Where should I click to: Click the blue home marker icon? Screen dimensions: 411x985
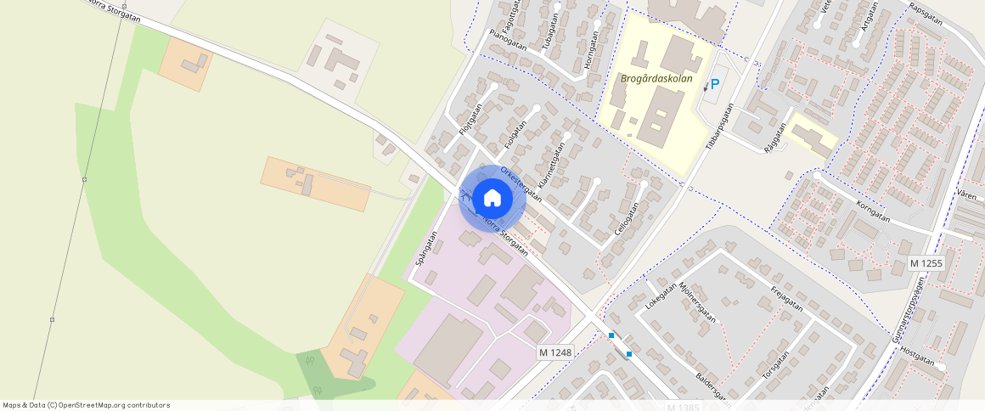tap(492, 199)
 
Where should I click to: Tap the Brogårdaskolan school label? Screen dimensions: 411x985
tap(657, 79)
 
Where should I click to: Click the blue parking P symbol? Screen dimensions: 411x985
tap(714, 84)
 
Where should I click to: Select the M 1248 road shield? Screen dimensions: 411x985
tap(555, 352)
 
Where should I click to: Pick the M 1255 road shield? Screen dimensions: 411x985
tap(926, 263)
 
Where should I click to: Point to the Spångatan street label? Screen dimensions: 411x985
tap(426, 249)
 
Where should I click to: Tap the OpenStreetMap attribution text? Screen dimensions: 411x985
tap(86, 405)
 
